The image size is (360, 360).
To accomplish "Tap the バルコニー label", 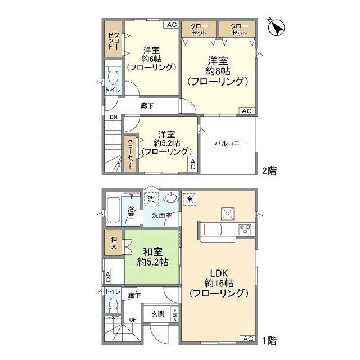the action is pyautogui.click(x=230, y=143).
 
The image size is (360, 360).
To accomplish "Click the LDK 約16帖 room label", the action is pyautogui.click(x=219, y=283).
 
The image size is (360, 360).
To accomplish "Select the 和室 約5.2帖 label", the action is pyautogui.click(x=152, y=256).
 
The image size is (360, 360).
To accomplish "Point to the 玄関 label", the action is pyautogui.click(x=157, y=314).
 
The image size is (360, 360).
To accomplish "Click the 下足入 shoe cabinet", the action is pyautogui.click(x=175, y=314).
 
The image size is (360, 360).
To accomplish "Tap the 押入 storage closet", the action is pyautogui.click(x=114, y=243).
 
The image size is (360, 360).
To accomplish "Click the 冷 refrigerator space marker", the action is pyautogui.click(x=189, y=199).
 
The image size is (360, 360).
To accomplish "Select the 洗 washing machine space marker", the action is pyautogui.click(x=151, y=199).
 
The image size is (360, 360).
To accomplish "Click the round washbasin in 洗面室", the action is pyautogui.click(x=170, y=197).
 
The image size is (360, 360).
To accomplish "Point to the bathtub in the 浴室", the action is pyautogui.click(x=113, y=210).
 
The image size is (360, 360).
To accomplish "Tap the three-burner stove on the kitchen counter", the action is pyautogui.click(x=245, y=229).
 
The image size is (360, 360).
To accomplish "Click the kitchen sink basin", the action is pyautogui.click(x=213, y=229).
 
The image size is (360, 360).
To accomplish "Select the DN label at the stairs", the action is pyautogui.click(x=113, y=117).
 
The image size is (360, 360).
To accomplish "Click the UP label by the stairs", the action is pyautogui.click(x=133, y=319).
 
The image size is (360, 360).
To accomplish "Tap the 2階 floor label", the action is pyautogui.click(x=269, y=171).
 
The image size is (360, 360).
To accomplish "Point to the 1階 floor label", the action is pyautogui.click(x=269, y=341).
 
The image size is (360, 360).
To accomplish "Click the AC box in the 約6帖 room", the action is pyautogui.click(x=172, y=25).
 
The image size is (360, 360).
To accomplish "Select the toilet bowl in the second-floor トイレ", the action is pyautogui.click(x=112, y=76).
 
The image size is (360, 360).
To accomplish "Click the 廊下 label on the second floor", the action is pyautogui.click(x=147, y=106).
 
